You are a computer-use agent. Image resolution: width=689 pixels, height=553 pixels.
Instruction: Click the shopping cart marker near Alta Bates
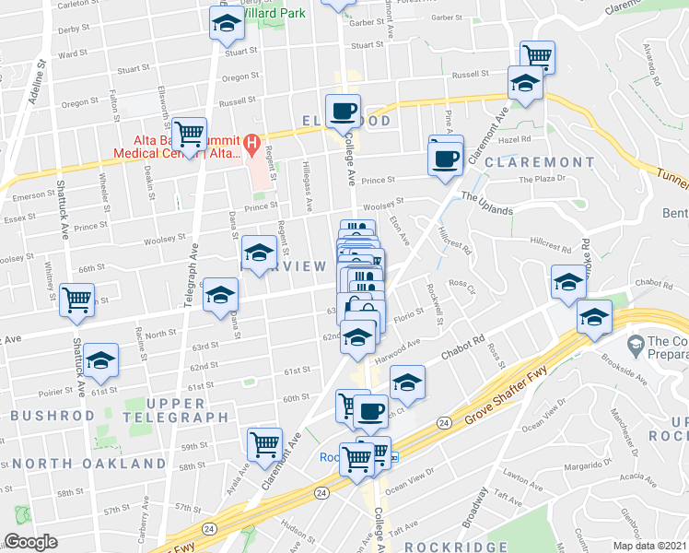coord(190,135)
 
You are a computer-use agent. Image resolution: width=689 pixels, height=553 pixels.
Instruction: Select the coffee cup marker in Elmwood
coord(344,111)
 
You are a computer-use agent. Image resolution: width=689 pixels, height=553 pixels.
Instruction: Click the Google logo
coord(30,542)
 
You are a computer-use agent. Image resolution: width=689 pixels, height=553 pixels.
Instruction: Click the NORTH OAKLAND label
coord(89,464)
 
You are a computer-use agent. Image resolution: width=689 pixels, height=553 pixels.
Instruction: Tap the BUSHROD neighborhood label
coord(53,417)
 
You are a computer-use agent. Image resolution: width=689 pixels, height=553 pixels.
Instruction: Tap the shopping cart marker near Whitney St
coord(77,299)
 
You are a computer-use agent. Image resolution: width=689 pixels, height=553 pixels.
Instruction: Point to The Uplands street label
coord(486,204)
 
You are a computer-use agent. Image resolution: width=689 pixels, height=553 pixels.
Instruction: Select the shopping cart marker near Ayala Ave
coord(265,443)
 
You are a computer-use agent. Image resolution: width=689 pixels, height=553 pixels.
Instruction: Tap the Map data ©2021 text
coord(650,546)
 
